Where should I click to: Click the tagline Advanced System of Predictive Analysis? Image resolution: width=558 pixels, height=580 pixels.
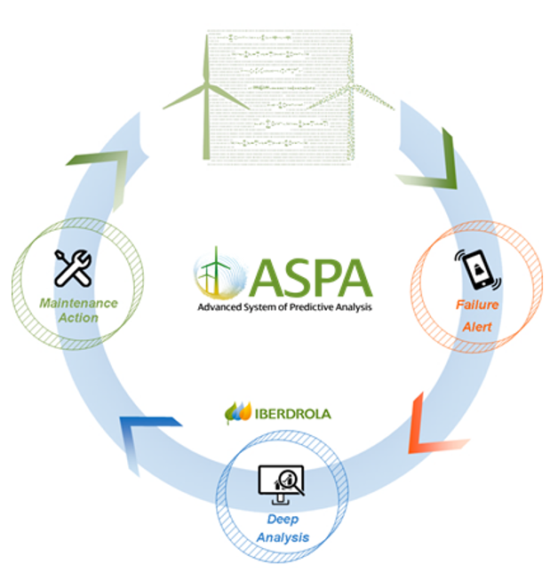283,307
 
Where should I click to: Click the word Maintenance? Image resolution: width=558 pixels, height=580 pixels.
78,303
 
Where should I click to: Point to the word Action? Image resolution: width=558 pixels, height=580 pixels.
78,318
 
